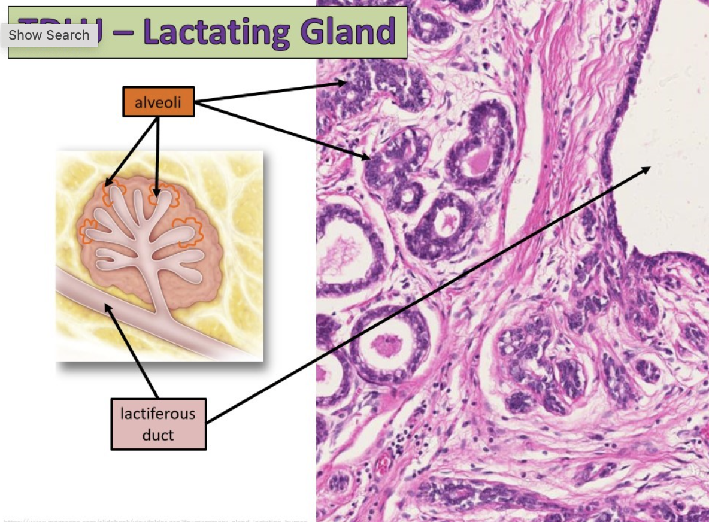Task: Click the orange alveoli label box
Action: (158, 102)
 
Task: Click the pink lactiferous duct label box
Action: (159, 424)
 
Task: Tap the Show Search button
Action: (49, 35)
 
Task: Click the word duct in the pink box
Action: (159, 435)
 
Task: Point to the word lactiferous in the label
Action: (158, 414)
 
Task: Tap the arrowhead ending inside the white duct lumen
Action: (647, 169)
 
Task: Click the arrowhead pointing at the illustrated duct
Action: (108, 307)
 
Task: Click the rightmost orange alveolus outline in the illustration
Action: (189, 232)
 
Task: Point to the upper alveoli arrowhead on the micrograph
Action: (343, 83)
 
